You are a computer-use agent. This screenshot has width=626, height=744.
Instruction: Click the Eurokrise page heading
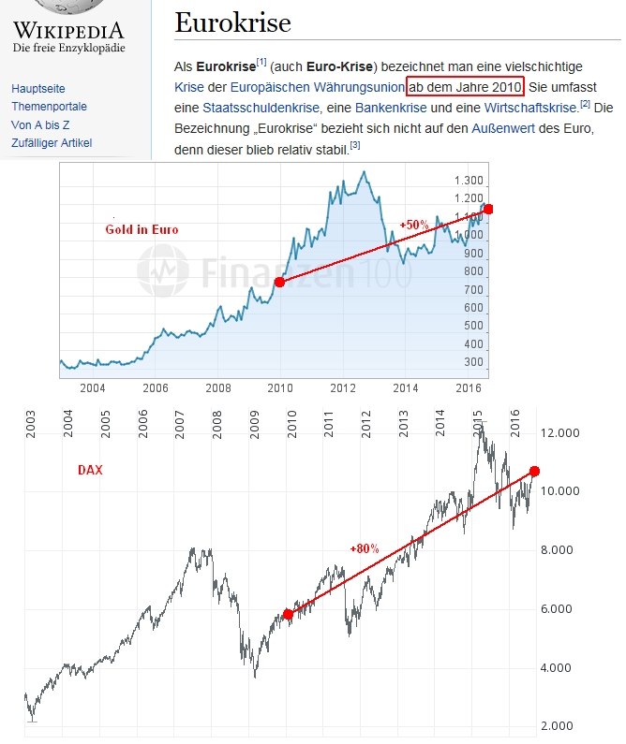[x=232, y=22]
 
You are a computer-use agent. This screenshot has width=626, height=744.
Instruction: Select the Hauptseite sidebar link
[x=38, y=88]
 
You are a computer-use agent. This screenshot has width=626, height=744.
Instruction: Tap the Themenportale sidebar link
[x=49, y=107]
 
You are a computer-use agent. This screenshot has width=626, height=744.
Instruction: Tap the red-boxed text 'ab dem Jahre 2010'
[x=465, y=88]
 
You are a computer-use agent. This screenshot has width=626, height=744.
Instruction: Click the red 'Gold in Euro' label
[x=142, y=229]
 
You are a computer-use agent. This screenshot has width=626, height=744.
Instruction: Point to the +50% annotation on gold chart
[x=413, y=226]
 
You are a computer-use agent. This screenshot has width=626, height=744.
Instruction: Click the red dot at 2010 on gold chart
[x=279, y=282]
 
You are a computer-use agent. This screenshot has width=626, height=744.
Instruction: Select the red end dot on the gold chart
[x=488, y=209]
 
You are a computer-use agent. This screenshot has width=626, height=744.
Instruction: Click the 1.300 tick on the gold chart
[x=468, y=181]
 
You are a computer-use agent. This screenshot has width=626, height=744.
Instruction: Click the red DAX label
[x=90, y=471]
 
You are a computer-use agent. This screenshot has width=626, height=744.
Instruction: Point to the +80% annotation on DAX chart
[x=364, y=548]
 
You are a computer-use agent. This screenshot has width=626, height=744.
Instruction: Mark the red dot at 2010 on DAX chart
[x=288, y=615]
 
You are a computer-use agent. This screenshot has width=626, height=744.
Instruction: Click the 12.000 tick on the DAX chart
[x=561, y=433]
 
